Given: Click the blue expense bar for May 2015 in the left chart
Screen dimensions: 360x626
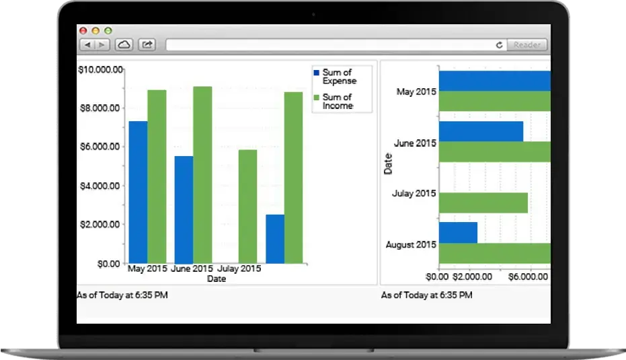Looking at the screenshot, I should click(x=138, y=192).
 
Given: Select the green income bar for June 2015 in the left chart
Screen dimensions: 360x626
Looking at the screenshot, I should click(x=202, y=174).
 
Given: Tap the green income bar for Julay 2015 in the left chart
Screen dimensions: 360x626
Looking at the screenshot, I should click(x=247, y=206).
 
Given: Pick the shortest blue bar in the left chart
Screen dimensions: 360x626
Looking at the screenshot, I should click(x=274, y=239).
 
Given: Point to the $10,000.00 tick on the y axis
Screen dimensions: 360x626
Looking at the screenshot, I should click(x=101, y=69).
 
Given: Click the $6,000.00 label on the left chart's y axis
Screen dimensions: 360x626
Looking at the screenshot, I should click(x=101, y=147).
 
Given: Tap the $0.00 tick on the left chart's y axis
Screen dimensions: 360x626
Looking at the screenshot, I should click(x=108, y=264).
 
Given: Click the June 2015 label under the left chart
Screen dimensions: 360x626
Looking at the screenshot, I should click(x=192, y=269).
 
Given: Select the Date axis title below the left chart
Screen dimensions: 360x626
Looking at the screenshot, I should click(x=217, y=279).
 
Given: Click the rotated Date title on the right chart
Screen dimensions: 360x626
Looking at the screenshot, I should click(x=388, y=164).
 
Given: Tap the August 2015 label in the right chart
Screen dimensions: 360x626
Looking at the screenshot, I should click(x=411, y=244).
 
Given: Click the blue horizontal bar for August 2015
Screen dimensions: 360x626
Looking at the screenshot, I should click(x=458, y=232).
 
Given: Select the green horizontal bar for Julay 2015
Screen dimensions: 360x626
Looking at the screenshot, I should click(x=483, y=203).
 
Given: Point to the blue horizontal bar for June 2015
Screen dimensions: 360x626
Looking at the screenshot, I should click(x=481, y=131).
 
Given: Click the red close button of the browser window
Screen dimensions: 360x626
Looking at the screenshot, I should click(x=83, y=31).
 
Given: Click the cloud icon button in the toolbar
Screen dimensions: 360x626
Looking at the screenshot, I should click(x=124, y=45).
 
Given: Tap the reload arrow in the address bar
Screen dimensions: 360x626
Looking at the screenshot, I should click(x=499, y=45).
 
